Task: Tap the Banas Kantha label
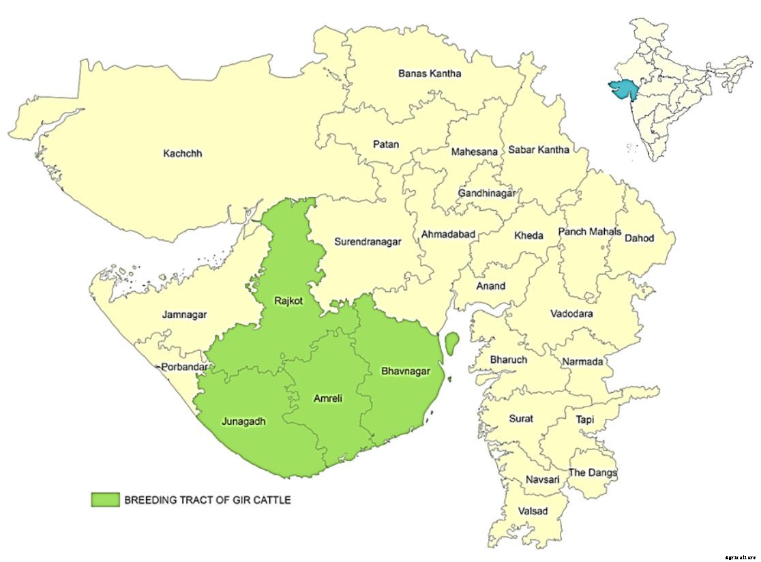point(430,74)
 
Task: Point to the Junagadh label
point(243,421)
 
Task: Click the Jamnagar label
point(184,314)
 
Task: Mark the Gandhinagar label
point(486,194)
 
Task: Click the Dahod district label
point(639,238)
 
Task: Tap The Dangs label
point(593,473)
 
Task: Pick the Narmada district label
point(582,361)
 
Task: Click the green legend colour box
point(105,500)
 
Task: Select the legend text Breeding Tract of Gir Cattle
point(207,500)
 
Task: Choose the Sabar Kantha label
point(537,149)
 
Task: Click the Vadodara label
point(572,314)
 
